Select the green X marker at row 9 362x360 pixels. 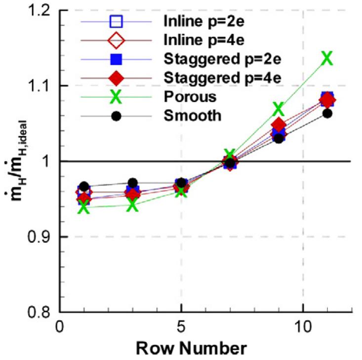[x=279, y=108]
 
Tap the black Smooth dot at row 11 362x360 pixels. [x=327, y=114]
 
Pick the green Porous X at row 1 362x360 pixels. [x=84, y=207]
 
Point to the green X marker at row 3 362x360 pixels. [x=133, y=205]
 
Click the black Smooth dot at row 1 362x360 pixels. [x=84, y=187]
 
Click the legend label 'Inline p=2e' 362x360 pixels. [x=201, y=22]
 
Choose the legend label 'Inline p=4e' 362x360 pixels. [x=201, y=40]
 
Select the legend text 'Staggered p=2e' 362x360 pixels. [x=213, y=60]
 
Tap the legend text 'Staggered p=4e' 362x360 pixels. [x=213, y=79]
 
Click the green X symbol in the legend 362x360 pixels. [x=116, y=97]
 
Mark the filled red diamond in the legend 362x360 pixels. [x=116, y=79]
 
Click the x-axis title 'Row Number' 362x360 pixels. [x=192, y=348]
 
